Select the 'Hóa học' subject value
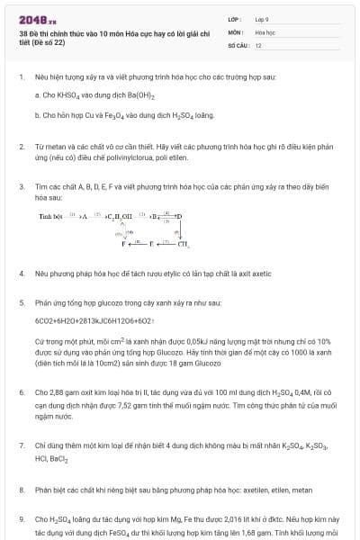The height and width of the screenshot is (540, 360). coord(265,31)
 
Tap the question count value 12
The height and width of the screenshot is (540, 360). coord(258,44)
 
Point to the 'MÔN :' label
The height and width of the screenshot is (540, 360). coord(235,31)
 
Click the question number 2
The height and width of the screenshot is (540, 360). coord(21,146)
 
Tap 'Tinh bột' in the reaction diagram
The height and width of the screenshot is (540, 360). coord(51,217)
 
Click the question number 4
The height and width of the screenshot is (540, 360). coord(21,271)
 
